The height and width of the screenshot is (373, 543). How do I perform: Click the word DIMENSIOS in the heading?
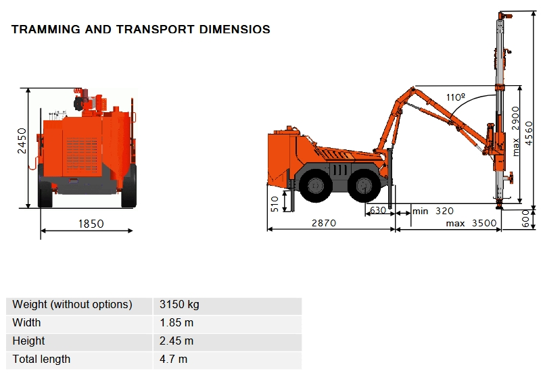point(235,30)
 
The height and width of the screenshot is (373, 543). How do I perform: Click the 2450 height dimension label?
point(22,141)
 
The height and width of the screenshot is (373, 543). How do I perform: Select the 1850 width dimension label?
point(91,224)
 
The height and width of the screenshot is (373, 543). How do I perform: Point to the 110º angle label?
point(456,97)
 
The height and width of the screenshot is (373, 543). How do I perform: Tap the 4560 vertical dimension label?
point(529,133)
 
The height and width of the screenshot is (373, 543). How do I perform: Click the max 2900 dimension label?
point(516,131)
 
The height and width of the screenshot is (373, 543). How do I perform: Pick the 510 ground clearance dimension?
point(275,204)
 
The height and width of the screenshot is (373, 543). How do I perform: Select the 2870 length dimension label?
point(324,223)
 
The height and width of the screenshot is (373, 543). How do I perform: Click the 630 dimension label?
point(378,210)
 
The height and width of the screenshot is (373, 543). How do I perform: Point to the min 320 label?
point(433,211)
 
